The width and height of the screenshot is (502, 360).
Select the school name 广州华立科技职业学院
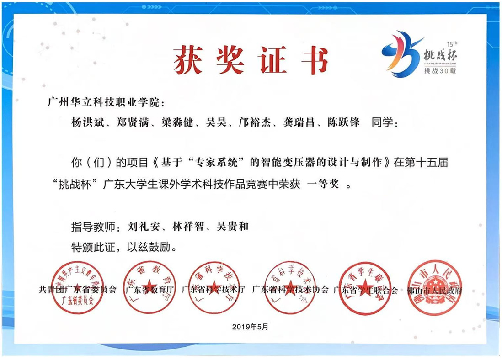pyautogui.click(x=104, y=102)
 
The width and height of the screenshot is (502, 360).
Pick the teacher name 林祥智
pyautogui.click(x=187, y=226)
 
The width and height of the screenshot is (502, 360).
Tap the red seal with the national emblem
pyautogui.click(x=434, y=289)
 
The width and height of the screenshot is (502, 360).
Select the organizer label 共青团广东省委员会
pyautogui.click(x=78, y=290)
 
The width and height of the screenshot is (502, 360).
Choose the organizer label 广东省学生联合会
pyautogui.click(x=365, y=290)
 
